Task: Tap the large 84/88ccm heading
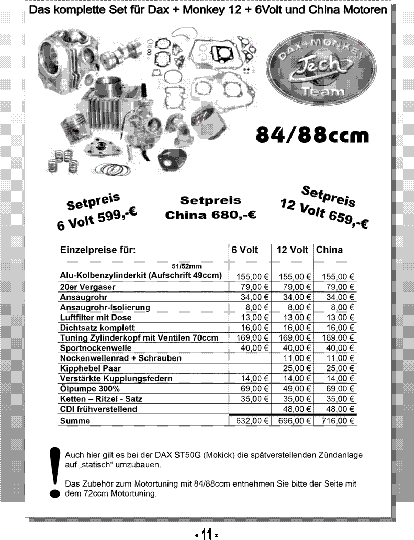tap(312, 134)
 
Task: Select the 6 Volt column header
tap(244, 250)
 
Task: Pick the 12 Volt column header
tap(292, 250)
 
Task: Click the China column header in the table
tap(329, 250)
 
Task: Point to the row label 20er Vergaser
tap(88, 287)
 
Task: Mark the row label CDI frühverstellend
tap(99, 409)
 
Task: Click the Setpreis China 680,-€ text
tap(210, 208)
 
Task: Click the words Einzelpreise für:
tap(98, 250)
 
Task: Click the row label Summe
tap(75, 421)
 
